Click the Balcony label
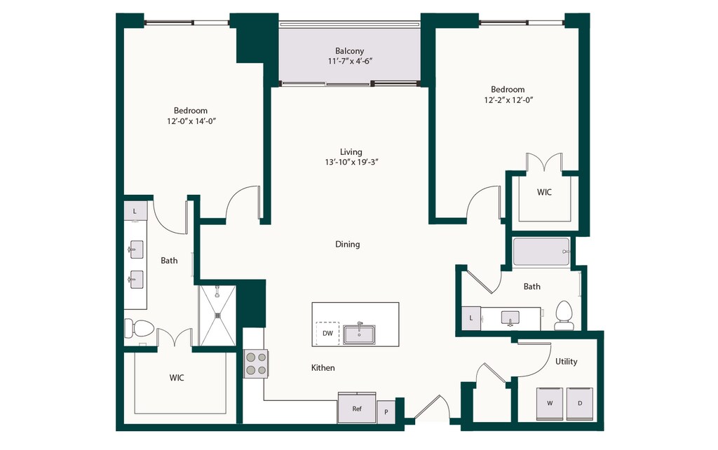coord(349,50)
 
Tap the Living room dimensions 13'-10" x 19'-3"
coord(351,162)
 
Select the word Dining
coord(348,244)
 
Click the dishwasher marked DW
coord(328,333)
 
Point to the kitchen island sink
coord(359,334)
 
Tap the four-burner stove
coord(255,364)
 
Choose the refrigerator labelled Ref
coord(357,408)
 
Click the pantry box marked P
coord(386,412)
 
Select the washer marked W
coord(550,403)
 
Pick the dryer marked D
coord(580,403)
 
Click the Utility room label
coord(567,362)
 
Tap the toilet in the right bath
coord(563,315)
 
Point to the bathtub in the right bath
coord(541,252)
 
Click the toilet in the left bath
coord(140,328)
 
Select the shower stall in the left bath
coord(217,315)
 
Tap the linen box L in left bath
coord(135,211)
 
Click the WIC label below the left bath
coord(177,378)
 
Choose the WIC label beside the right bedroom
coord(544,192)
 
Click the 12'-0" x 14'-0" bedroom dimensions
coord(191,121)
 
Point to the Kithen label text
coord(323,367)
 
